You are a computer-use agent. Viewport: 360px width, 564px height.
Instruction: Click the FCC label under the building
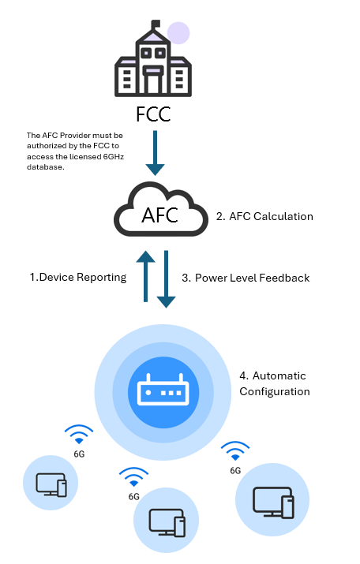[x=153, y=114]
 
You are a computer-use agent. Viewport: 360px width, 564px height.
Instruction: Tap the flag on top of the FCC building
[x=156, y=24]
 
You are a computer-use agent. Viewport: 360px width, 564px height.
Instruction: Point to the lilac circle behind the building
[x=178, y=32]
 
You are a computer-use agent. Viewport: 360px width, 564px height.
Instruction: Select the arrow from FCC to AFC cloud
[x=156, y=153]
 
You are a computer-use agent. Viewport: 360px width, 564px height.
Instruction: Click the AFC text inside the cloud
[x=159, y=215]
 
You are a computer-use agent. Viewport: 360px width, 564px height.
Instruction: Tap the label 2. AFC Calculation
[x=264, y=217]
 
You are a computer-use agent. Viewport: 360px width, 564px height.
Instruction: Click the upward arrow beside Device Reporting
[x=145, y=276]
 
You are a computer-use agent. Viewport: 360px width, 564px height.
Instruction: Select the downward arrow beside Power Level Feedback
[x=166, y=279]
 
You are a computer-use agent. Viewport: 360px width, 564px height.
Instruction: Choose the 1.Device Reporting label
[x=78, y=278]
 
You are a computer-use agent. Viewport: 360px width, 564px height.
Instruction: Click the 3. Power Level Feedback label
[x=246, y=278]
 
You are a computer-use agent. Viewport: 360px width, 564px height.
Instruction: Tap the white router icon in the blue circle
[x=163, y=390]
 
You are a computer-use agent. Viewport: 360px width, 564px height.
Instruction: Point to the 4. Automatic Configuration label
[x=275, y=383]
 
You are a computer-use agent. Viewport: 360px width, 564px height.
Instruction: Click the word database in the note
[x=45, y=167]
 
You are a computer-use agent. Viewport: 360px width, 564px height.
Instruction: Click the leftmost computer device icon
[x=51, y=484]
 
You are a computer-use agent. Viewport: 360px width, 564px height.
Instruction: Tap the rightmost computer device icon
[x=273, y=502]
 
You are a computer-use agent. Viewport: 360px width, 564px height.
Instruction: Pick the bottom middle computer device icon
[x=167, y=523]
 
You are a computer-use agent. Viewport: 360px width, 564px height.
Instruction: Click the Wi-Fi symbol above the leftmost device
[x=79, y=435]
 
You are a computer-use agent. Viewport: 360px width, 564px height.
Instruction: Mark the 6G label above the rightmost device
[x=235, y=470]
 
